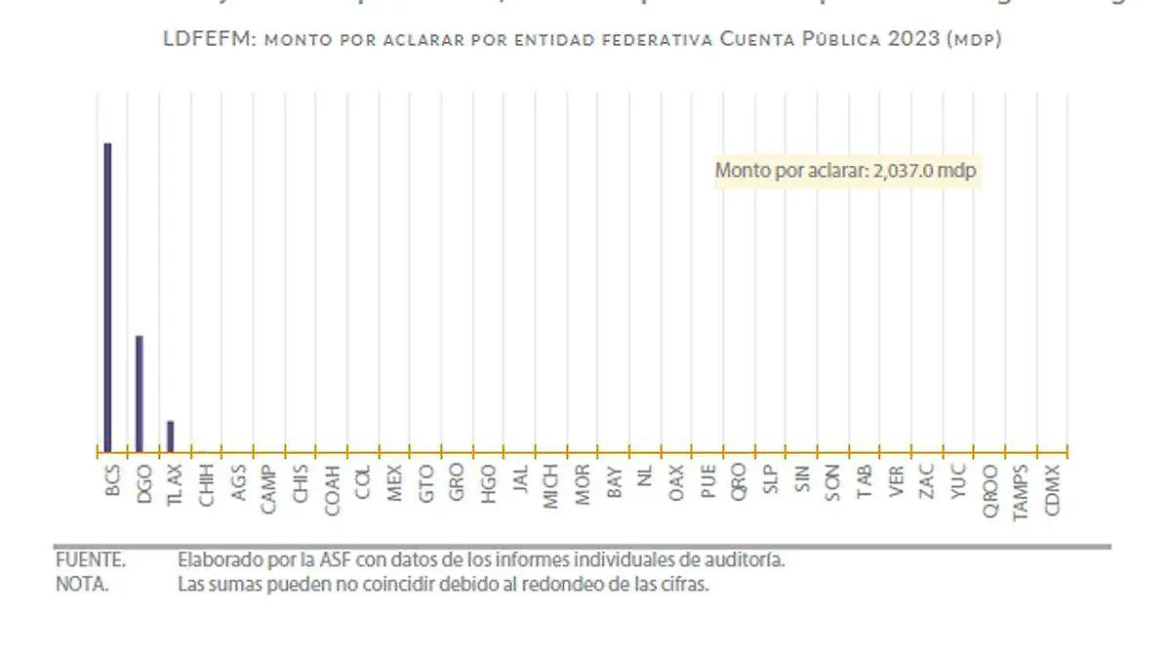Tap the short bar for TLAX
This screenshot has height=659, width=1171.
(x=171, y=436)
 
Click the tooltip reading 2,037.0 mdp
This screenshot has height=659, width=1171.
(x=846, y=170)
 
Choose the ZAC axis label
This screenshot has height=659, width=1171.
(x=927, y=481)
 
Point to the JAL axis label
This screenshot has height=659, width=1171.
(x=519, y=481)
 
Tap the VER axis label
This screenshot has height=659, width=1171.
(x=896, y=481)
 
